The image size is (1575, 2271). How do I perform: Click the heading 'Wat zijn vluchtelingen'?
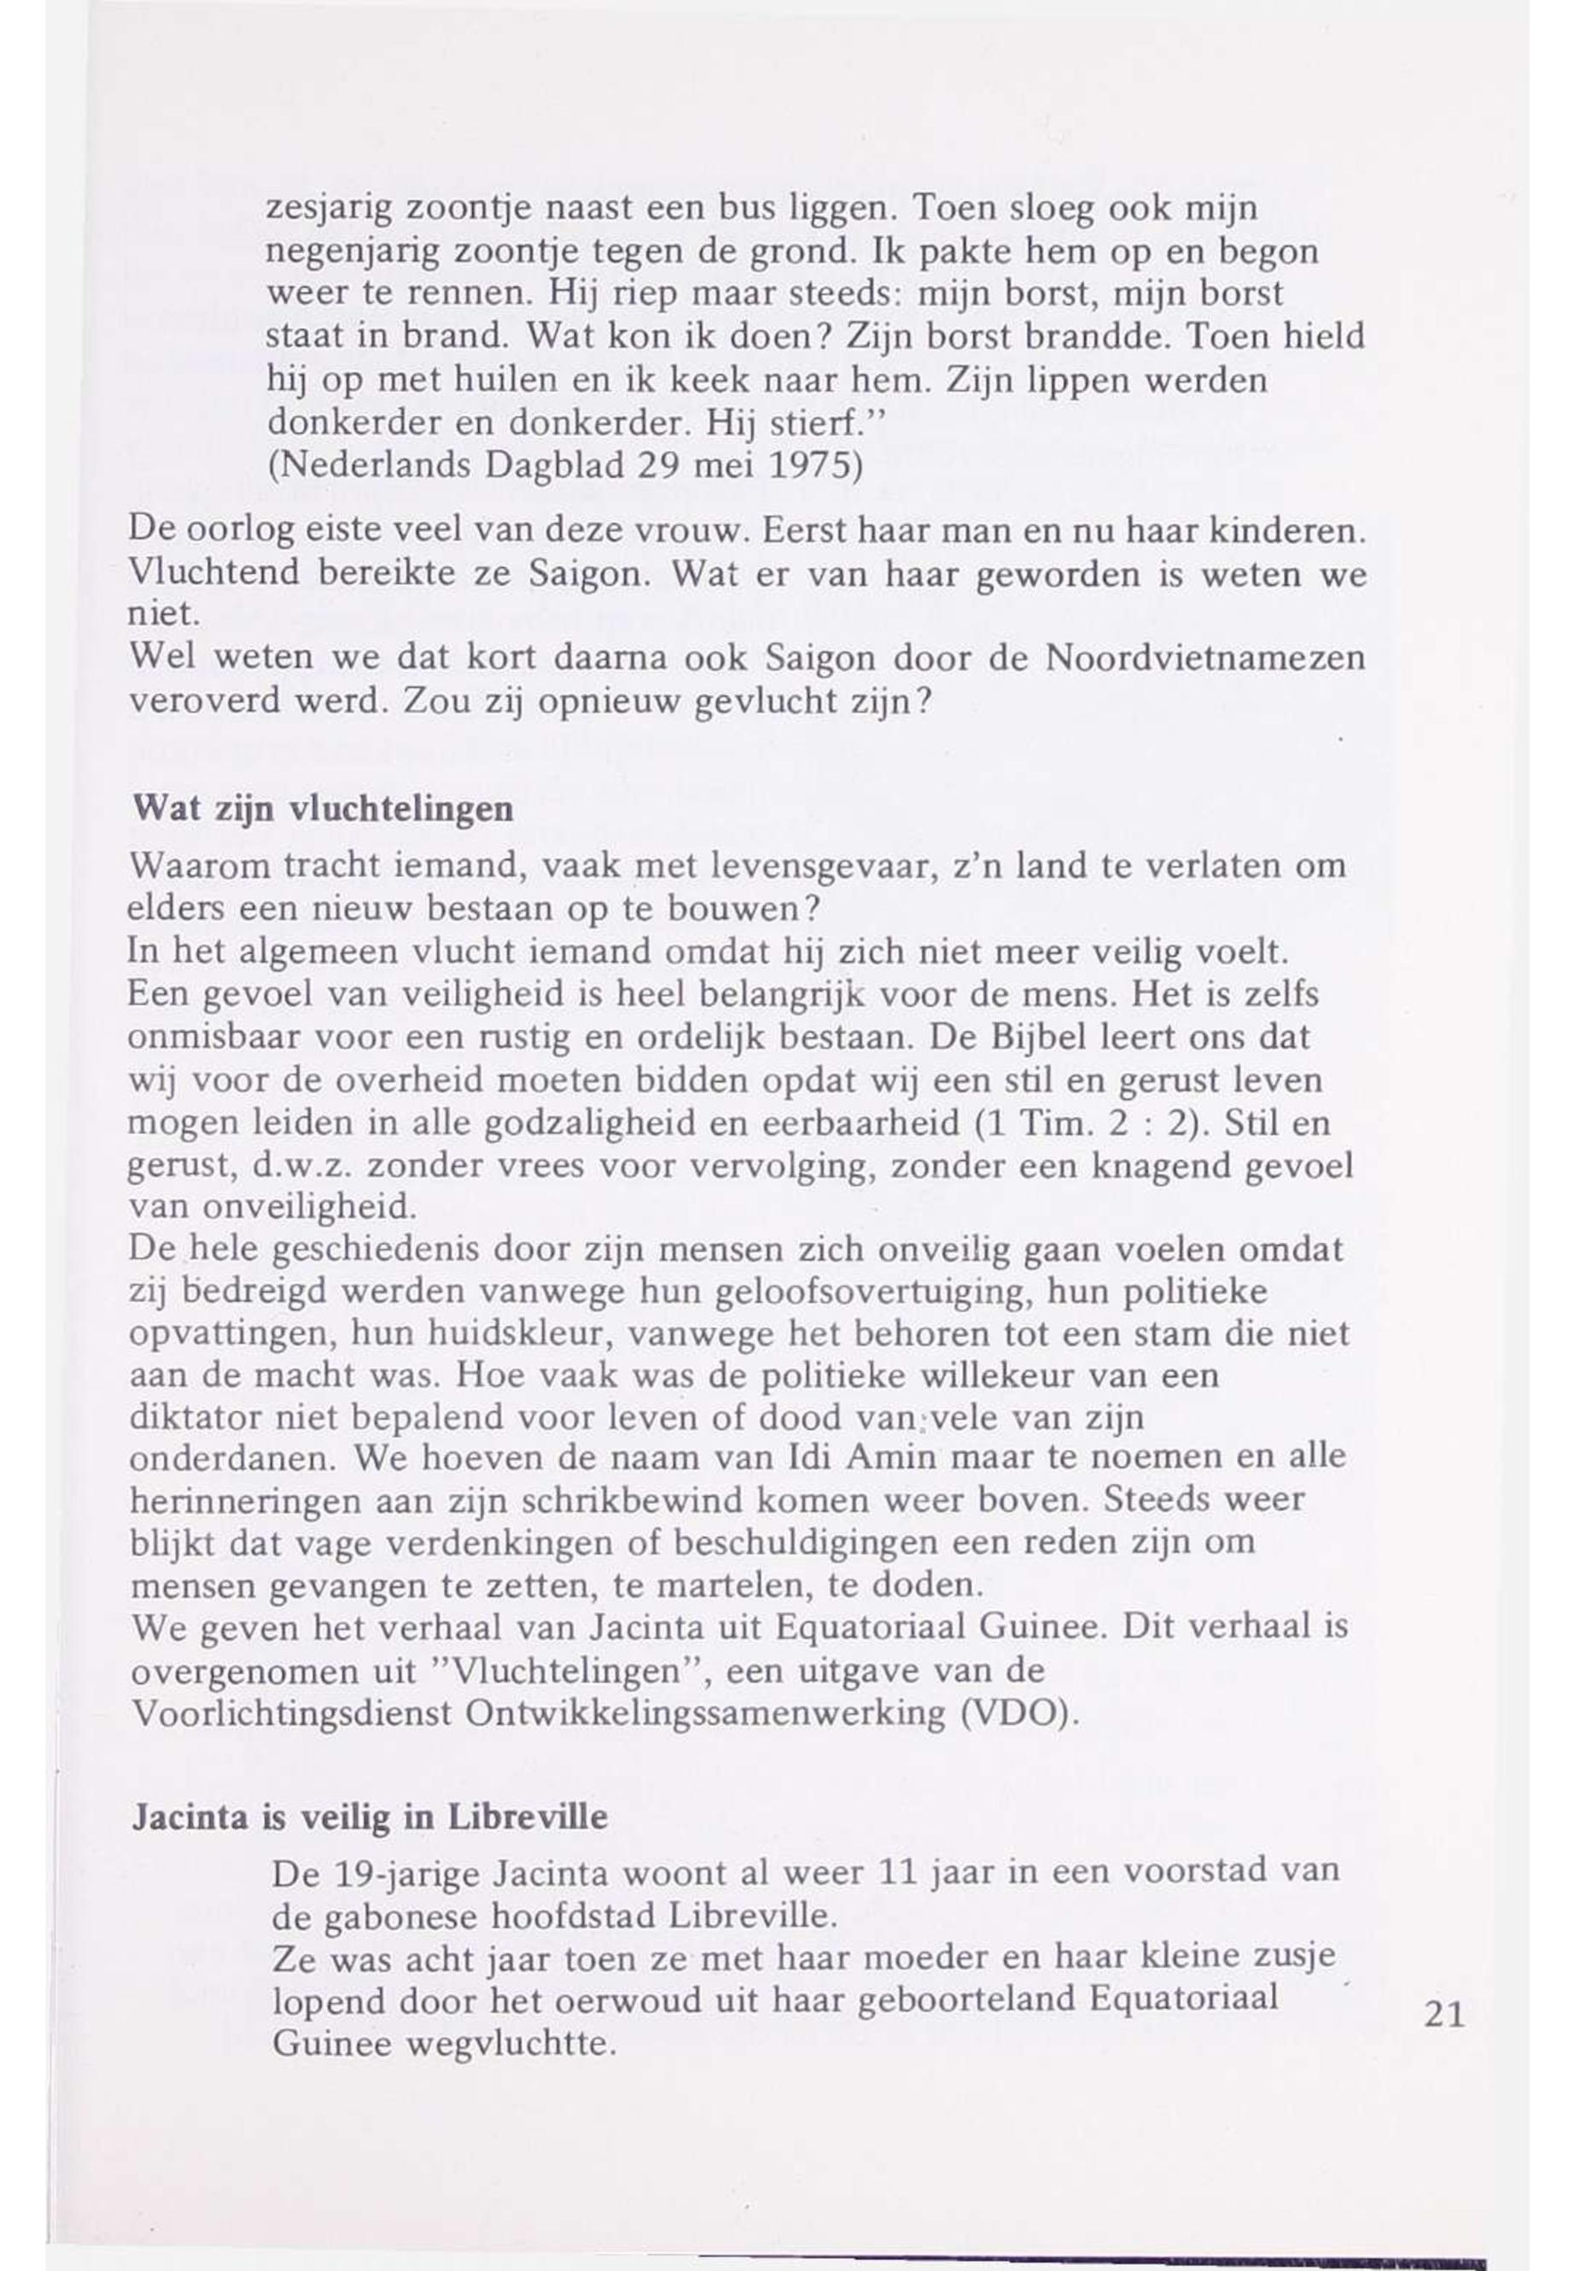323,809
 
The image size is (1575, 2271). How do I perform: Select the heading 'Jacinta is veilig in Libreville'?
369,1818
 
